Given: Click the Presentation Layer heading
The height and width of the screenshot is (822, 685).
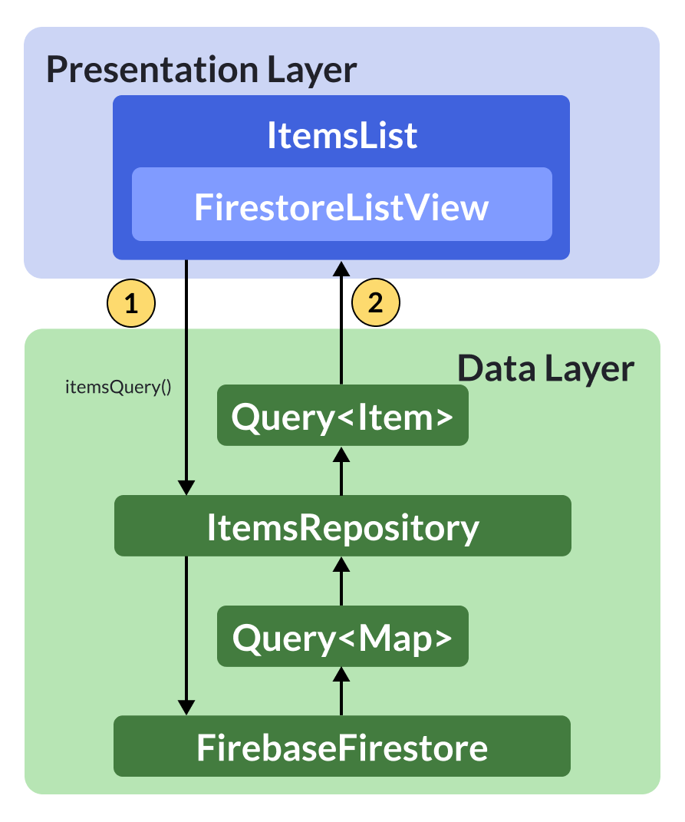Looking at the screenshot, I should (x=201, y=70).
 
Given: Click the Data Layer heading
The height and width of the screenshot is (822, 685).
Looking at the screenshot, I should (x=545, y=369).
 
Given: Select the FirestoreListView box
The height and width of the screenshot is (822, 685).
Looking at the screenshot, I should (x=341, y=207).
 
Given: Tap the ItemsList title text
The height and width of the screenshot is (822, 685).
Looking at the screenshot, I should (x=341, y=136).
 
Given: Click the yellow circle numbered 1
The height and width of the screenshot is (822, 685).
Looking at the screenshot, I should (x=131, y=303).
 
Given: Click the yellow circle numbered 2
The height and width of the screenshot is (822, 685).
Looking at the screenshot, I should (x=375, y=303).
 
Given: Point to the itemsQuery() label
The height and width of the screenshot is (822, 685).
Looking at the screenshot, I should (x=117, y=387).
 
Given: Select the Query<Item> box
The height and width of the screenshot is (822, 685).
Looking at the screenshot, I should (x=342, y=418).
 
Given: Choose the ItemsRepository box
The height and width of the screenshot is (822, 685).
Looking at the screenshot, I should (x=342, y=528).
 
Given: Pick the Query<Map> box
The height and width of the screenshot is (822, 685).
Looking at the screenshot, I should (x=342, y=638).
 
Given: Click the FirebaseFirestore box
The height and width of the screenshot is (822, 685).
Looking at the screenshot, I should (x=342, y=748).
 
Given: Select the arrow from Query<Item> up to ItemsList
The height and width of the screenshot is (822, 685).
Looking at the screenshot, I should (x=342, y=322).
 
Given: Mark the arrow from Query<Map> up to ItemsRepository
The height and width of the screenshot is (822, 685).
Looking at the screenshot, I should (x=342, y=580).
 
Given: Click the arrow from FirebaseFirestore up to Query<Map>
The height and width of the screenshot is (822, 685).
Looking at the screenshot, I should (x=342, y=690).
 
